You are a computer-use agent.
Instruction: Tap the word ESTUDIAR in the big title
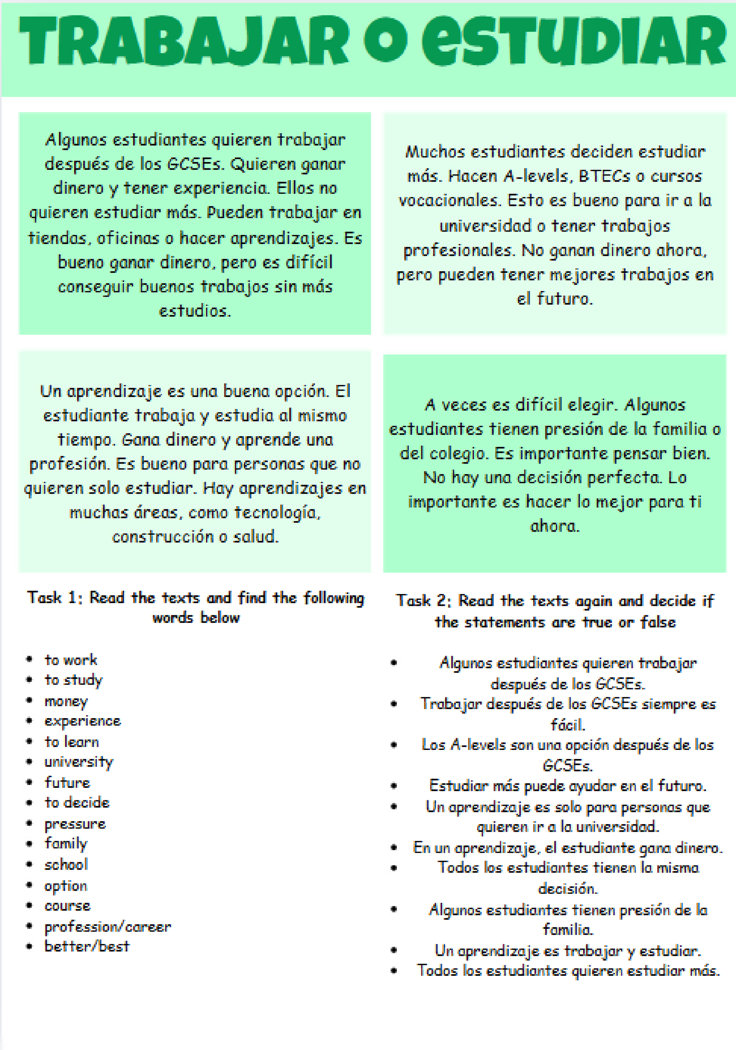pos(573,41)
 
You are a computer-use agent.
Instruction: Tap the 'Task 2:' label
pos(424,600)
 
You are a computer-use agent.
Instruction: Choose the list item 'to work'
pos(71,660)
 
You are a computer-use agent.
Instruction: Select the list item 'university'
pos(79,762)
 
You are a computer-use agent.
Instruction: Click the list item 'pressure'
pos(75,824)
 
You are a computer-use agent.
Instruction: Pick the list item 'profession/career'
pos(107,927)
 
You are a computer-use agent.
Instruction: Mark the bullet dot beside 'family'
pos(29,844)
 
